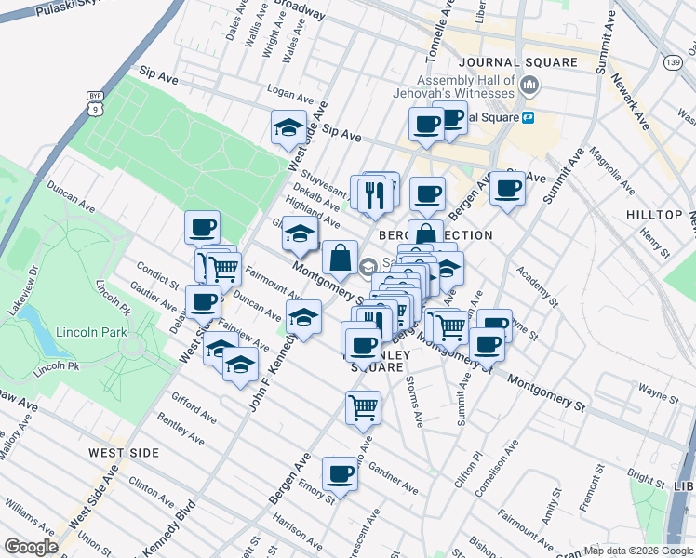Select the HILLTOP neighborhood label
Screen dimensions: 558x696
pyautogui.click(x=653, y=214)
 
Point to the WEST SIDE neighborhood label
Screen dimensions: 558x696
pyautogui.click(x=123, y=452)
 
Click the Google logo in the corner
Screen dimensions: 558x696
pyautogui.click(x=31, y=547)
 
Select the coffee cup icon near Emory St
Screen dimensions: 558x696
pyautogui.click(x=340, y=474)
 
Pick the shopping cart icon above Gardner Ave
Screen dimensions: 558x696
pyautogui.click(x=363, y=406)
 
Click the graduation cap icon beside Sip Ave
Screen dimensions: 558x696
pyautogui.click(x=288, y=127)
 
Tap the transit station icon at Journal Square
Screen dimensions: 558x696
pyautogui.click(x=527, y=118)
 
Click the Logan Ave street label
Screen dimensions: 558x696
pyautogui.click(x=290, y=95)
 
